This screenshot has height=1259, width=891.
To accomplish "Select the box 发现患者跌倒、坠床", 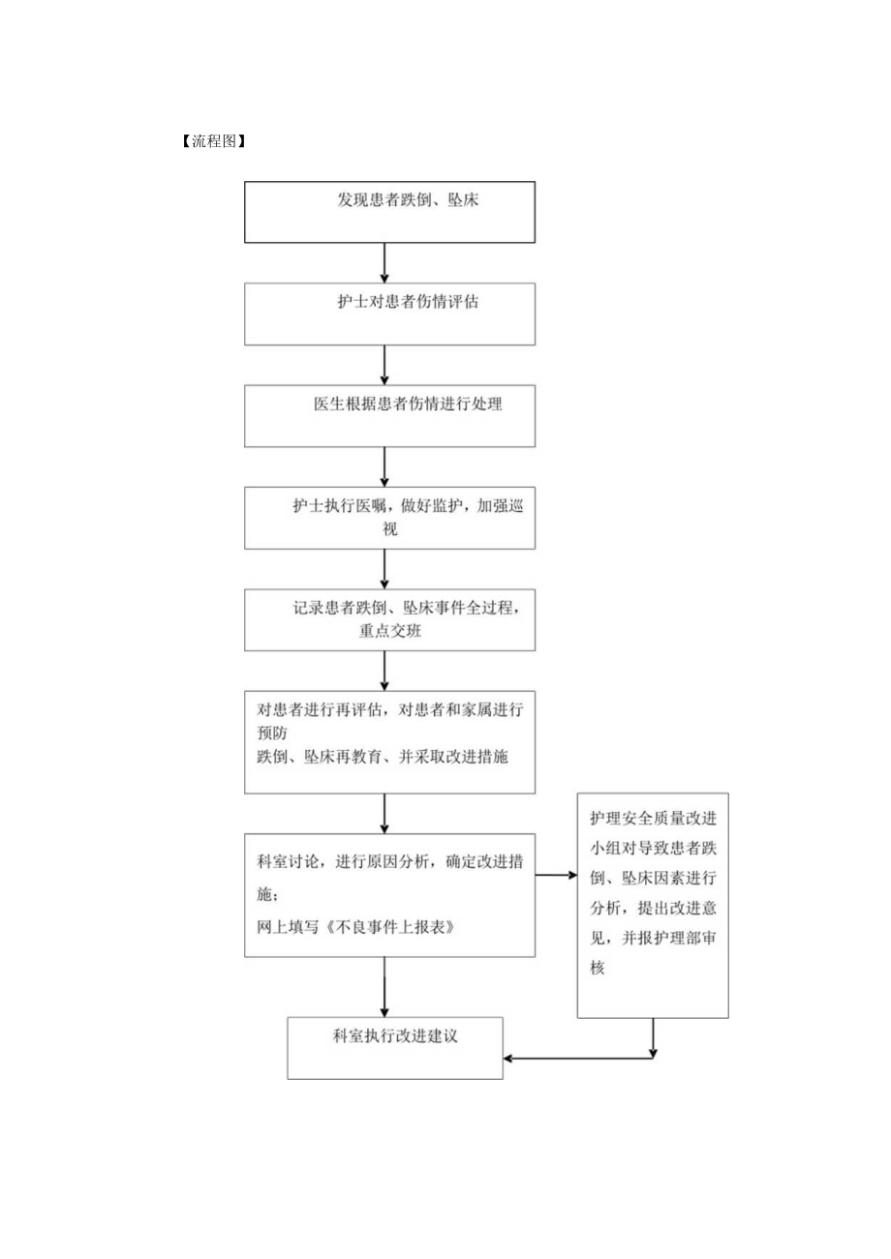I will click(389, 211).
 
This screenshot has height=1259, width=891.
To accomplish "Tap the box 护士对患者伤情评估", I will click(389, 314).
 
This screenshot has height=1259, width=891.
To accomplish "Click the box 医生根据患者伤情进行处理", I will click(389, 416).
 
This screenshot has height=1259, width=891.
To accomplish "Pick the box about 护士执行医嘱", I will click(389, 518).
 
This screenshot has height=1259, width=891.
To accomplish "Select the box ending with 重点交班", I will click(389, 619).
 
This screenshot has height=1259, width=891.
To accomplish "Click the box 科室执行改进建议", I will click(395, 1047).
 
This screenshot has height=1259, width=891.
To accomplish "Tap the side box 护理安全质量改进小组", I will click(653, 905).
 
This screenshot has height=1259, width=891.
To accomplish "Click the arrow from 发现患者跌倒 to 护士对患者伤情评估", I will click(385, 262).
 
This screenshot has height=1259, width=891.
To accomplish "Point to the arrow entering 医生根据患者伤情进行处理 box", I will click(385, 365).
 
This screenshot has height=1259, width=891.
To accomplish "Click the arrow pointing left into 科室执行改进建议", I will click(579, 1058).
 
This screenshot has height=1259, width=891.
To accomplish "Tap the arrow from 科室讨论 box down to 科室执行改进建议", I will click(385, 987).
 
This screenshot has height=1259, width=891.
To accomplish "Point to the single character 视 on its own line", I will click(390, 530).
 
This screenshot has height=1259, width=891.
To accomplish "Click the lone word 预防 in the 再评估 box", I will click(272, 734).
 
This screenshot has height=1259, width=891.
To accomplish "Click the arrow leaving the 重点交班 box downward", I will click(385, 670).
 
